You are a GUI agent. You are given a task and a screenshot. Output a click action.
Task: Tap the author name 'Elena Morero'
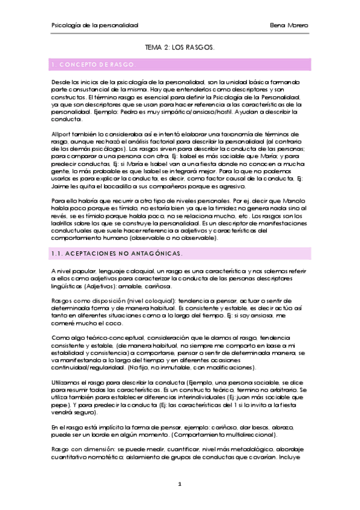click(x=290, y=25)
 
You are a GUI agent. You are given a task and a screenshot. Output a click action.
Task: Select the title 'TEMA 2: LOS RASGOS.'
click(x=180, y=46)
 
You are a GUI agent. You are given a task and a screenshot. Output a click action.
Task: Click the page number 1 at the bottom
click(x=180, y=484)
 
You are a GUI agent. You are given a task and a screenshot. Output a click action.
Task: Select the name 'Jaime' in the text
click(x=61, y=187)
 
